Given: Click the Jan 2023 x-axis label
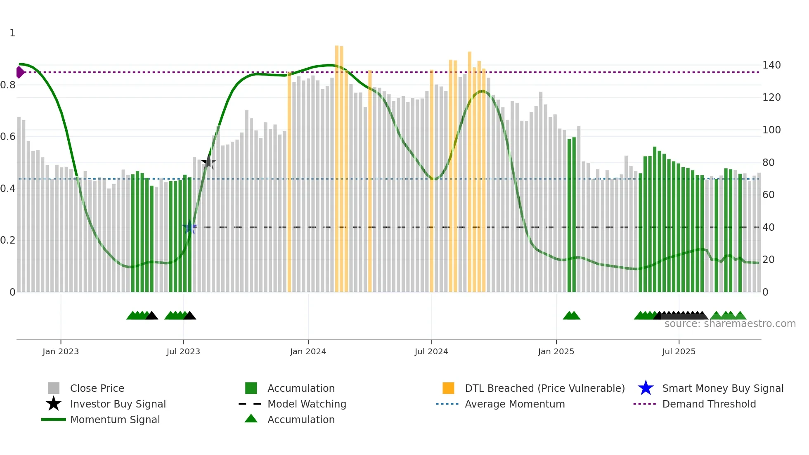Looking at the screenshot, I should coord(60,351).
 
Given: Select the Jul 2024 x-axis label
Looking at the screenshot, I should coord(431,351).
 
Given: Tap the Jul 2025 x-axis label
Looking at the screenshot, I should coord(679,351).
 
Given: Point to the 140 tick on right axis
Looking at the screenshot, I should coord(771,65).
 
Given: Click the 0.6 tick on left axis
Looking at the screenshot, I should coord(8,137).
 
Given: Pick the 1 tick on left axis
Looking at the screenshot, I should coord(12,33).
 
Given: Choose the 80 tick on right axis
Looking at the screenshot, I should coord(768,163).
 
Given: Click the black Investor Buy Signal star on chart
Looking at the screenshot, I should coord(209,162).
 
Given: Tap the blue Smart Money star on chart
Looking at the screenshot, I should coord(190,227).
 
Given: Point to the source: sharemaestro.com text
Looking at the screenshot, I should coord(730,324).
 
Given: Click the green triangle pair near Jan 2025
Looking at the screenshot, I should coord(572,315).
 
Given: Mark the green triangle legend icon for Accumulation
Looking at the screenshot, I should coord(251,419).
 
